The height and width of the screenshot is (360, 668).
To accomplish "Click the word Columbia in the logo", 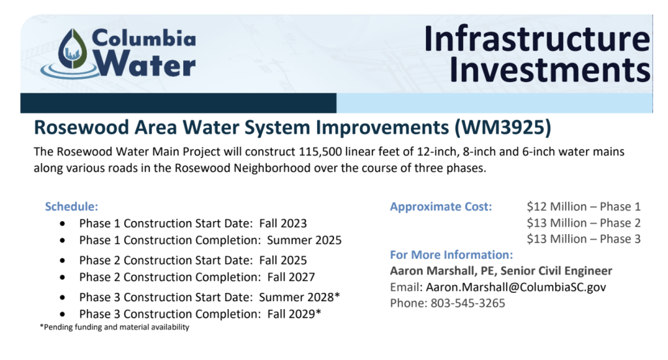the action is (144, 38).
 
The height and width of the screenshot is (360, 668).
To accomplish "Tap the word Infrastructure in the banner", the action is (537, 38).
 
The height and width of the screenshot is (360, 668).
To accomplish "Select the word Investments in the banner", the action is (549, 69).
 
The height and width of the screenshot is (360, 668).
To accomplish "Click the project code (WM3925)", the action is (503, 128).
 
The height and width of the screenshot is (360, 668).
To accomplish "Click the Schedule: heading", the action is (72, 207).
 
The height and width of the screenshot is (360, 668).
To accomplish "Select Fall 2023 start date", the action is (283, 223).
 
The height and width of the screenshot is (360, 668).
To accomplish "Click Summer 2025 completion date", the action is (304, 240).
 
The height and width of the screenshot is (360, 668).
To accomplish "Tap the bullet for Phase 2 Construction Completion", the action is (63, 277).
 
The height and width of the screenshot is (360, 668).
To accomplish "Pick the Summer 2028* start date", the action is (299, 297).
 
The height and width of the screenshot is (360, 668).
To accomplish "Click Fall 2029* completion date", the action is (294, 314).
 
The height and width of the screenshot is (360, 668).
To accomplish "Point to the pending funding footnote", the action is (115, 327).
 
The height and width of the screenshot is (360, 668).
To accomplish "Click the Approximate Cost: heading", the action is (441, 207).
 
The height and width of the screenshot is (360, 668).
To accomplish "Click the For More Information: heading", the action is (451, 255).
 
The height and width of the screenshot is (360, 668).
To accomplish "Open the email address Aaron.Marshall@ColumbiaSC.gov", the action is (516, 287).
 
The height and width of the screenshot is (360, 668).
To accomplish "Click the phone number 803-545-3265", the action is (468, 303).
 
